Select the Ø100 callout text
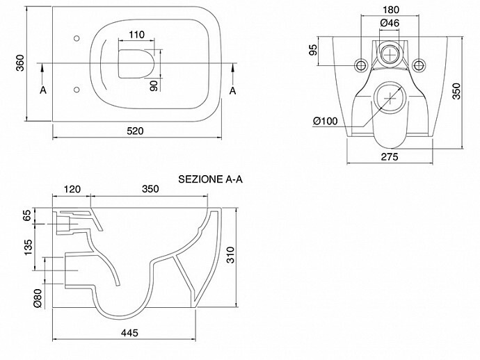coord(326,122)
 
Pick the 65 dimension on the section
coord(28,216)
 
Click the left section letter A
coord(42,90)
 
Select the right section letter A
coord(234,90)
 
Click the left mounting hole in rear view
coord(360,64)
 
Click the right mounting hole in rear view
coord(419,64)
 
